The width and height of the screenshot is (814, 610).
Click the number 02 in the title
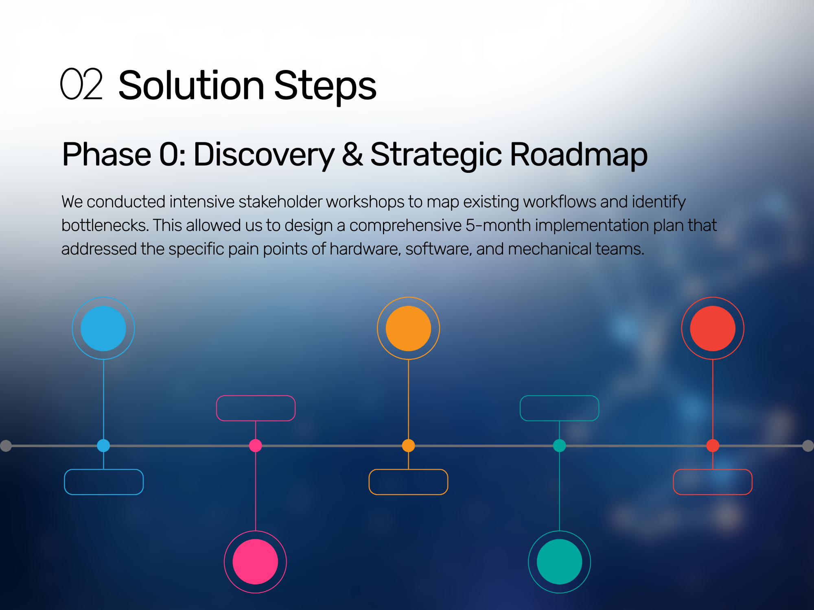pyautogui.click(x=81, y=84)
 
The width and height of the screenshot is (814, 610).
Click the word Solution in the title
pyautogui.click(x=192, y=85)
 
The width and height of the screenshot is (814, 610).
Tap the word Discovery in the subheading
pyautogui.click(x=264, y=155)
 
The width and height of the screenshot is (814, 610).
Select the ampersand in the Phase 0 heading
pyautogui.click(x=352, y=154)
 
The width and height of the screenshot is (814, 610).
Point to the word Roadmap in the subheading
pyautogui.click(x=578, y=155)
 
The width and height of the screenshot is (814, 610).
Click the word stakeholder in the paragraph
pyautogui.click(x=280, y=202)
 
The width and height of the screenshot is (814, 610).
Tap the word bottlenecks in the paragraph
pyautogui.click(x=105, y=225)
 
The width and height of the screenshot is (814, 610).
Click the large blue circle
pyautogui.click(x=103, y=328)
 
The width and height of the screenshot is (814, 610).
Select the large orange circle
pyautogui.click(x=408, y=328)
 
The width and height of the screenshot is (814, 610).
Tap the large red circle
pyautogui.click(x=713, y=328)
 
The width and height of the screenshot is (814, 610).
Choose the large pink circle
pyautogui.click(x=255, y=562)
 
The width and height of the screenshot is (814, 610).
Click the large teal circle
pyautogui.click(x=559, y=562)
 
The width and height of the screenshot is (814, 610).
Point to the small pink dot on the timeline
pyautogui.click(x=255, y=445)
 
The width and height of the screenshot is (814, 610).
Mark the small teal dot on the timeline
pyautogui.click(x=559, y=445)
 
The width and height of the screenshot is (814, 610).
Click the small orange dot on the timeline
pyautogui.click(x=408, y=445)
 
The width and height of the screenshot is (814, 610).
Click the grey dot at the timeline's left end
pyautogui.click(x=6, y=446)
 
